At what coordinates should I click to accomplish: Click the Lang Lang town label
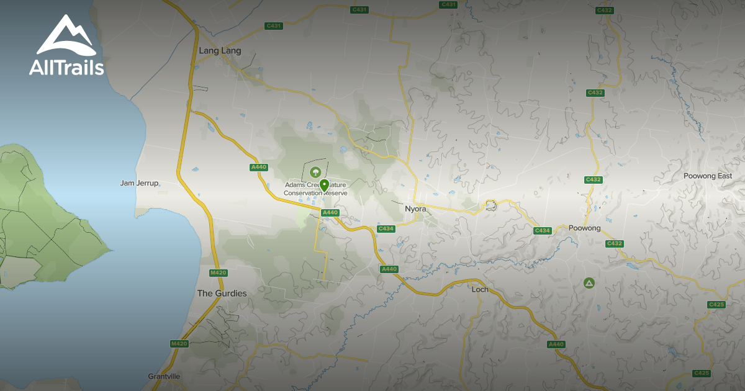click(x=220, y=51)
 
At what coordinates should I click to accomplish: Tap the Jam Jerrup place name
click(x=140, y=183)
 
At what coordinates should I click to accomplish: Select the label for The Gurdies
click(x=222, y=293)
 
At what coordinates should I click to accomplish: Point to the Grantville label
click(x=164, y=376)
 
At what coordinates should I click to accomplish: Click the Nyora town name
click(x=415, y=209)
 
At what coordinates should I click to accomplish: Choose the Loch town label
click(x=480, y=289)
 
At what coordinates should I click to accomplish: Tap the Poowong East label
click(x=708, y=176)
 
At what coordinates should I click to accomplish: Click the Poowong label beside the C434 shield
click(x=584, y=228)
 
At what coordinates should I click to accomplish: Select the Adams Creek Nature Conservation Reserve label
click(x=315, y=189)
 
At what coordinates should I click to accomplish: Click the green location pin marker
click(x=324, y=185)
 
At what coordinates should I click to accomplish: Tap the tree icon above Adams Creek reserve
click(x=315, y=171)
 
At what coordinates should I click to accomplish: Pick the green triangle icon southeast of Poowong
click(x=589, y=283)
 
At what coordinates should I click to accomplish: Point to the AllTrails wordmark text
click(x=66, y=67)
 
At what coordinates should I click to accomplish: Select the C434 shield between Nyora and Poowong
click(x=542, y=231)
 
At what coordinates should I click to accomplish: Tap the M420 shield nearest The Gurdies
click(x=218, y=273)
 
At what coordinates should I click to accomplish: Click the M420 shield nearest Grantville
click(x=179, y=343)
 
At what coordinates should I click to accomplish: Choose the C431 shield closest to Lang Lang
click(x=273, y=25)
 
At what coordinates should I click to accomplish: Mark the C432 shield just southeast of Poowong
click(x=614, y=243)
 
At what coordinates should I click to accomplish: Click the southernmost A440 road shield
click(x=556, y=344)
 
